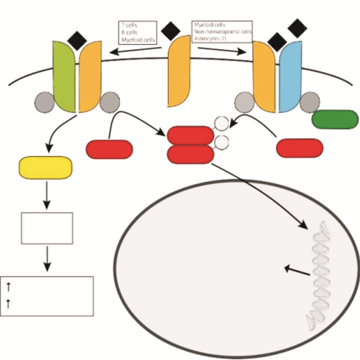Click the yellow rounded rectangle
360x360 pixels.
click(x=45, y=168)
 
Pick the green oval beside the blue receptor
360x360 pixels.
click(x=335, y=119)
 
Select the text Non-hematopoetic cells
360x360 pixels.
click(x=222, y=31)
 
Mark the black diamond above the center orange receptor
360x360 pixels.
click(x=170, y=31)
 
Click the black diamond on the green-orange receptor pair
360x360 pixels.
click(x=78, y=40)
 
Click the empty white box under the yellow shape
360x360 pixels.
click(x=46, y=228)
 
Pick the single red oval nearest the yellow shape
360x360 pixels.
click(x=109, y=149)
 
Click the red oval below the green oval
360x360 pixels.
click(x=300, y=148)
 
